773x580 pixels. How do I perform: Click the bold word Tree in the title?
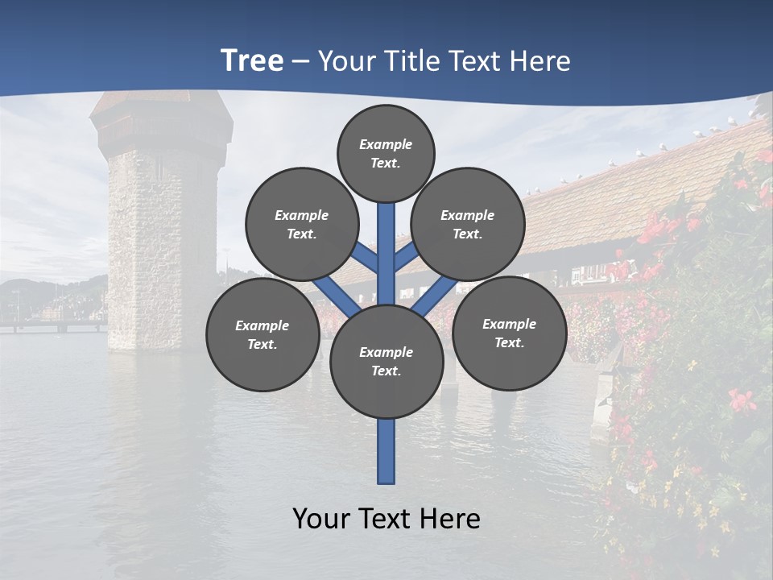252,61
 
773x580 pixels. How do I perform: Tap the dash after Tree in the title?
300,62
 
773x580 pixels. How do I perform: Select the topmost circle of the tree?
386,153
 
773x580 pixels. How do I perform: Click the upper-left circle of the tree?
302,224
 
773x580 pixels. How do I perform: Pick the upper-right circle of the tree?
468,224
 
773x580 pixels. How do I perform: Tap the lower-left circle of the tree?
262,334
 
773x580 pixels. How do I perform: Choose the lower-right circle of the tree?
509,333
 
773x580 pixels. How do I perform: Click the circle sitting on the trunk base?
386,362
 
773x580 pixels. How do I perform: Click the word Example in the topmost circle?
386,144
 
